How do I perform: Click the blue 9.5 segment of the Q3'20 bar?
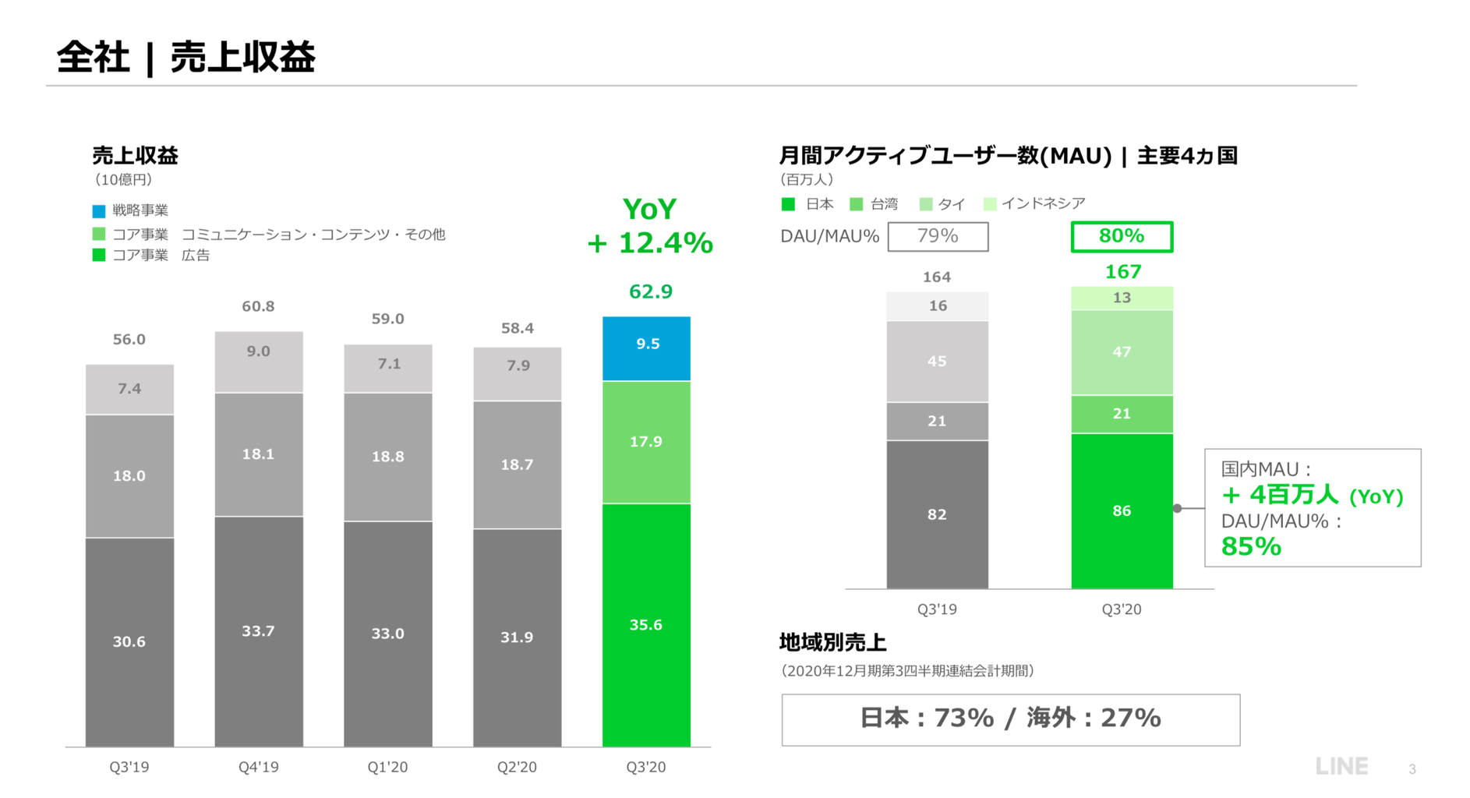(x=646, y=348)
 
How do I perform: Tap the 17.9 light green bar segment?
(x=646, y=442)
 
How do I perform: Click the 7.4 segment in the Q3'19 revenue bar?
(x=129, y=389)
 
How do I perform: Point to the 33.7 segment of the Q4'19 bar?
(x=258, y=631)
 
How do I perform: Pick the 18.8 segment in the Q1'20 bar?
(x=387, y=457)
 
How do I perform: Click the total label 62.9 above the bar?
(x=650, y=291)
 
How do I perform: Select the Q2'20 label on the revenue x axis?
(x=517, y=767)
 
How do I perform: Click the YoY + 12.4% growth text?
(x=650, y=226)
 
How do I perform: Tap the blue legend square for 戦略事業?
(x=99, y=211)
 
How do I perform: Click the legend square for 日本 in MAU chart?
(x=788, y=204)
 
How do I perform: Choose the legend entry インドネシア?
(x=1043, y=203)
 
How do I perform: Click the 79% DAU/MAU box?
(x=938, y=236)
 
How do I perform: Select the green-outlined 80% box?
(x=1122, y=236)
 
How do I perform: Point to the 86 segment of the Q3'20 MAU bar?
(x=1122, y=510)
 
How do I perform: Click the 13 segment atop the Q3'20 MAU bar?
(x=1122, y=298)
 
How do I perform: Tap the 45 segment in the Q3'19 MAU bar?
(x=937, y=362)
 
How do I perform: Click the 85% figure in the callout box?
(x=1251, y=546)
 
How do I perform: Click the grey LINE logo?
(x=1341, y=767)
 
